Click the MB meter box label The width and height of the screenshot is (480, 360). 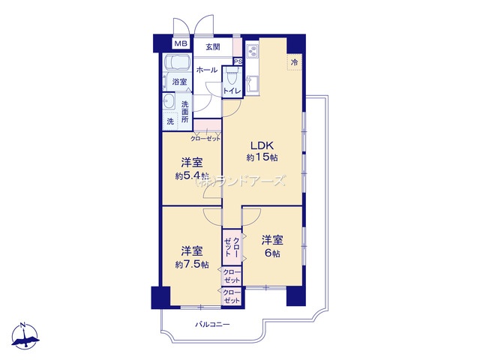pos(181,43)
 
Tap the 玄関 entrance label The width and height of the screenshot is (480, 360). pos(213,47)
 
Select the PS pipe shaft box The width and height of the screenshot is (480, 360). pos(238,61)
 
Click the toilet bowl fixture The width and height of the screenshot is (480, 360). pos(232,76)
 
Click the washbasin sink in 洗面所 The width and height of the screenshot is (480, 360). pos(169,101)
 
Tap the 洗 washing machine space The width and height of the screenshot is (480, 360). pos(170,121)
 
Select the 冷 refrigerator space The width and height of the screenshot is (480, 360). pos(294,63)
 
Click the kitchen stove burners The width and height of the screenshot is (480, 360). pos(253,52)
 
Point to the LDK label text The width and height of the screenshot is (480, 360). pos(262,145)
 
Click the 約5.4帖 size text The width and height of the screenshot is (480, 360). pos(192,176)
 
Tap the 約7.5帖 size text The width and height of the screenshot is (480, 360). pos(192,265)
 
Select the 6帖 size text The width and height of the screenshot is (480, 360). pos(271,253)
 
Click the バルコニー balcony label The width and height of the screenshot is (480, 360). pos(212,324)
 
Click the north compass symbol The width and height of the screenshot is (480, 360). pos(25,336)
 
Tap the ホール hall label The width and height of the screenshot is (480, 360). pos(207,70)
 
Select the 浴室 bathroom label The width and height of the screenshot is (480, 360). pos(179,82)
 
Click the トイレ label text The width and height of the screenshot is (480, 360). pos(232,91)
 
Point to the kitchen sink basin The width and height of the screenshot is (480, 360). pos(253,82)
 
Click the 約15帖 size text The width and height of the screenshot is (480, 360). pos(262,157)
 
